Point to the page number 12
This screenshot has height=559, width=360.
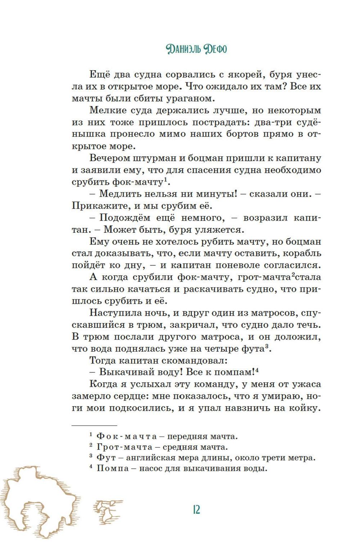click(196, 509)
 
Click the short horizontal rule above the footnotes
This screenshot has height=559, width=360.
click(94, 425)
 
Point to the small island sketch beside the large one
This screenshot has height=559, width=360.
click(108, 511)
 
